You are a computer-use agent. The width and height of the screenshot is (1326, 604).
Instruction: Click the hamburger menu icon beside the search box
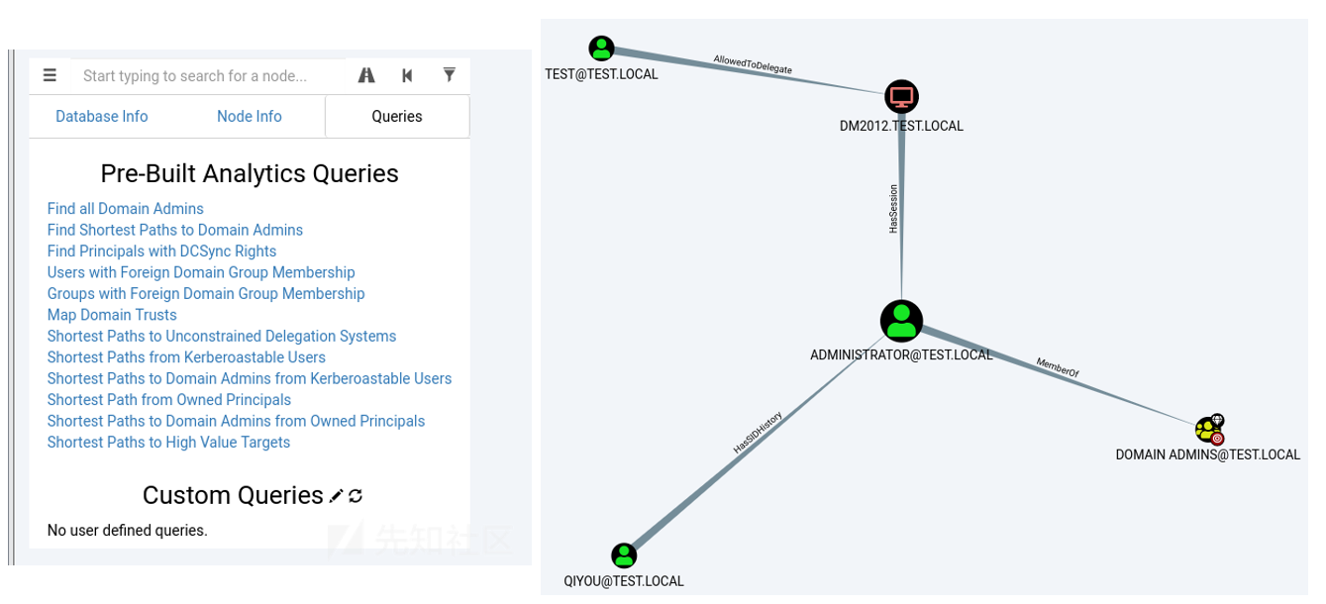(x=51, y=75)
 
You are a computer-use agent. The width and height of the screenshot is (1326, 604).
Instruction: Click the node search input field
(x=208, y=76)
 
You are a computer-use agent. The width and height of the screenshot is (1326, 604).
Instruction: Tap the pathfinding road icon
(x=366, y=75)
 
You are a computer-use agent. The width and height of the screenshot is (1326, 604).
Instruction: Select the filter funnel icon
(x=450, y=75)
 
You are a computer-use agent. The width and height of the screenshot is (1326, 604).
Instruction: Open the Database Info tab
(x=102, y=117)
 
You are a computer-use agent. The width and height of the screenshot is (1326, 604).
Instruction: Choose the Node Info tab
(x=250, y=117)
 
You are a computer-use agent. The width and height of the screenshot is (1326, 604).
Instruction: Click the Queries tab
(x=397, y=117)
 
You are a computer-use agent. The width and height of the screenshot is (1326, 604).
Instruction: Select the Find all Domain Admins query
(x=126, y=209)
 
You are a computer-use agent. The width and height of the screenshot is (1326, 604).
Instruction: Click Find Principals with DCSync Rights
(x=162, y=252)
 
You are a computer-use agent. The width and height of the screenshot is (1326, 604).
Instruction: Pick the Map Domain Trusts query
(x=112, y=315)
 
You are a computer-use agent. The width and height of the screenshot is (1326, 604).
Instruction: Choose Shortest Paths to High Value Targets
(x=169, y=443)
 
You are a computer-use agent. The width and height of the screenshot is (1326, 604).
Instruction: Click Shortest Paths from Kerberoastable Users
(x=186, y=357)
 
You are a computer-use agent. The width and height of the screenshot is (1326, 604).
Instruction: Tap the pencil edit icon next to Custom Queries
(x=337, y=495)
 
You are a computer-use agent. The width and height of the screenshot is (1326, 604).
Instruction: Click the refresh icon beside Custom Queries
(x=356, y=495)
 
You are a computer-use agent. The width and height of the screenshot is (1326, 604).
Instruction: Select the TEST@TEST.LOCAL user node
(x=601, y=49)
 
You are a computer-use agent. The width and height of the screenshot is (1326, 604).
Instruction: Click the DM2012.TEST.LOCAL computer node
(x=901, y=97)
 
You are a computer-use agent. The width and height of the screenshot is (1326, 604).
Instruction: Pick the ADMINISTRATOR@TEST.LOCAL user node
(x=901, y=321)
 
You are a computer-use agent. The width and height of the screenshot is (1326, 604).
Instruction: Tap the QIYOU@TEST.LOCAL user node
(x=624, y=555)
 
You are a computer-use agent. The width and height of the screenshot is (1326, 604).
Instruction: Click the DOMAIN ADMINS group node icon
(x=1209, y=430)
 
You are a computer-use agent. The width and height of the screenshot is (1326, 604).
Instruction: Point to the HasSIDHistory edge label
(x=758, y=433)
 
